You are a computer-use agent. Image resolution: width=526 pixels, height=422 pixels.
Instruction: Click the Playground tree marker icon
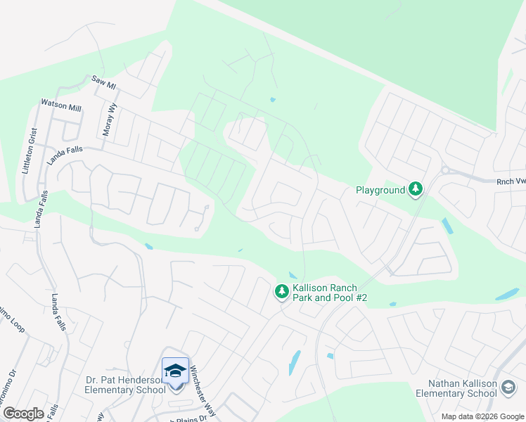pos(416,188)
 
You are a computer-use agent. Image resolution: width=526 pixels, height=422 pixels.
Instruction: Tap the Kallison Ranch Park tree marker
pos(281,291)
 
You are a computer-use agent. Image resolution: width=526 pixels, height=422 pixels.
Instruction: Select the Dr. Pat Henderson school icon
pos(174,370)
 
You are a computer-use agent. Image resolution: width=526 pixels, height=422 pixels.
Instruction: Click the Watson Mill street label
pos(60,106)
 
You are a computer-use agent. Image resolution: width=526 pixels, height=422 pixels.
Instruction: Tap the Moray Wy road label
pos(109,122)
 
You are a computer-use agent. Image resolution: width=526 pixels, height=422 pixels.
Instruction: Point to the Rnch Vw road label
pos(510,181)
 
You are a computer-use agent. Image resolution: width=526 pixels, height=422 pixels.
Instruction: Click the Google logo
pos(23,414)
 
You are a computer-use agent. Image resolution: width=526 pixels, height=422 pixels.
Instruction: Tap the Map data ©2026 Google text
pos(482,416)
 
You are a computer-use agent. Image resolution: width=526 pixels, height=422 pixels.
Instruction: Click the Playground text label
pos(380,190)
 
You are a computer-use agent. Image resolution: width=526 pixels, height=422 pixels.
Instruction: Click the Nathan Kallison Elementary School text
pos(465,388)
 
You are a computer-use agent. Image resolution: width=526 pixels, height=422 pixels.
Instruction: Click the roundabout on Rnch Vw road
pos(445,170)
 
